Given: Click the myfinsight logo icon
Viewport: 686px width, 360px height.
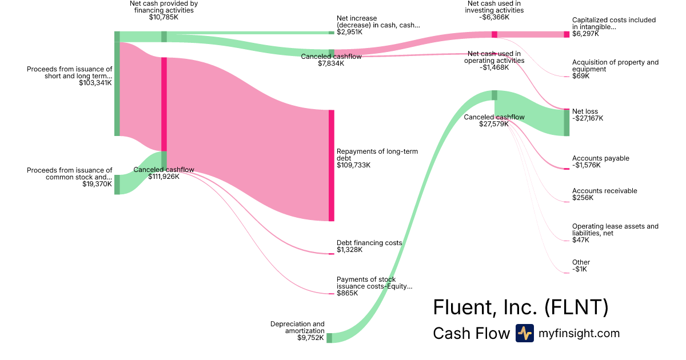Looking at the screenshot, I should coord(524,333).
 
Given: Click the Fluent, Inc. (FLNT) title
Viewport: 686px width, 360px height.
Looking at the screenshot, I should coord(520,307).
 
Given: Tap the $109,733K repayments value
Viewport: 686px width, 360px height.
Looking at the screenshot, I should coord(354,165).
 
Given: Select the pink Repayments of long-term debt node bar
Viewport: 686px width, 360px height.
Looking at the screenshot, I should coord(332,165).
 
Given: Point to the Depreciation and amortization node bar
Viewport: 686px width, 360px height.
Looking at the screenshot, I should coord(329,338).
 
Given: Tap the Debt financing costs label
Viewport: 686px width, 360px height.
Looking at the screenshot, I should coord(369,243).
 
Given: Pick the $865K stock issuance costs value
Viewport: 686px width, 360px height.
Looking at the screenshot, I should coord(347,293).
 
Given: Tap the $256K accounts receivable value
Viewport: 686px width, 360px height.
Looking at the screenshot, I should coord(583,198).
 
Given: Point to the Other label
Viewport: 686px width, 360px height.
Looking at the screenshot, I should coord(581,262).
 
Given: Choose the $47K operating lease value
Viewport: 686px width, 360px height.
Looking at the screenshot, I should coord(580,240).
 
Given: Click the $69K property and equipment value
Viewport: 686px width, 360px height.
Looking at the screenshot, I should coord(580,76).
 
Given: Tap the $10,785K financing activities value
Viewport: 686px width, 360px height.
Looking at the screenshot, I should coord(163,17).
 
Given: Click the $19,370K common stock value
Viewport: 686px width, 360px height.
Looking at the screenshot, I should coord(97,184).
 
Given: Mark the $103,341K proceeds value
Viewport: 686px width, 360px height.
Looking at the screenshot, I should coord(95,83).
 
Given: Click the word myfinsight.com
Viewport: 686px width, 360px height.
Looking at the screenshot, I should coord(579,333).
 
